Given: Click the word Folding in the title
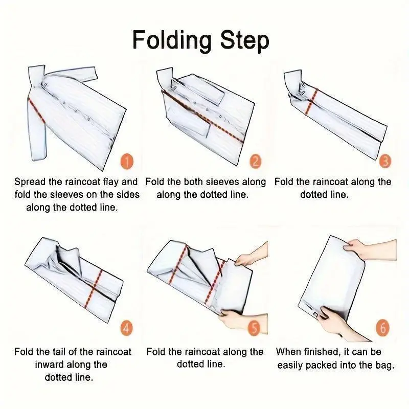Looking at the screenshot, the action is tap(172, 41).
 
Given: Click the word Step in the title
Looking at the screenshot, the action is tap(244, 41).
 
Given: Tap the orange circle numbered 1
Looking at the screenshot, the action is tap(127, 162).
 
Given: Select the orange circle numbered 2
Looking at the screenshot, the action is tap(255, 161).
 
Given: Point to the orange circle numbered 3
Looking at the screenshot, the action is tap(385, 161).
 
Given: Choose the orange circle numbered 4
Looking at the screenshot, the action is tap(126, 328).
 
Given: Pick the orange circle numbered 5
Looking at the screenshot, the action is tap(254, 328).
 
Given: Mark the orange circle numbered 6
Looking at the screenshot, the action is tap(382, 328).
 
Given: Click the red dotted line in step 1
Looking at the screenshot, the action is tap(36, 110).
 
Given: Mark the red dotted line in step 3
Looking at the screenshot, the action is tap(311, 101).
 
